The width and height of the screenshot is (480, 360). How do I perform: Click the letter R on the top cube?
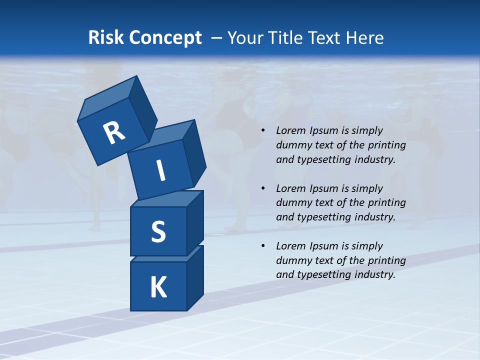[114, 133]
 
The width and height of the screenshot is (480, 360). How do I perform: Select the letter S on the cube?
[158, 232]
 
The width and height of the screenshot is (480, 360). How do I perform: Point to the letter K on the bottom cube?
[158, 287]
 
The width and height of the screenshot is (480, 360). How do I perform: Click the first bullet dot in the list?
[263, 131]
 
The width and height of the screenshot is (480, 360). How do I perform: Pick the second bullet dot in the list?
[263, 189]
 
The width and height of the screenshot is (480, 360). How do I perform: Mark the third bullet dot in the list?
[263, 246]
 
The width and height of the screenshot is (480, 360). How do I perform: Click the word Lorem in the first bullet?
[290, 130]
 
